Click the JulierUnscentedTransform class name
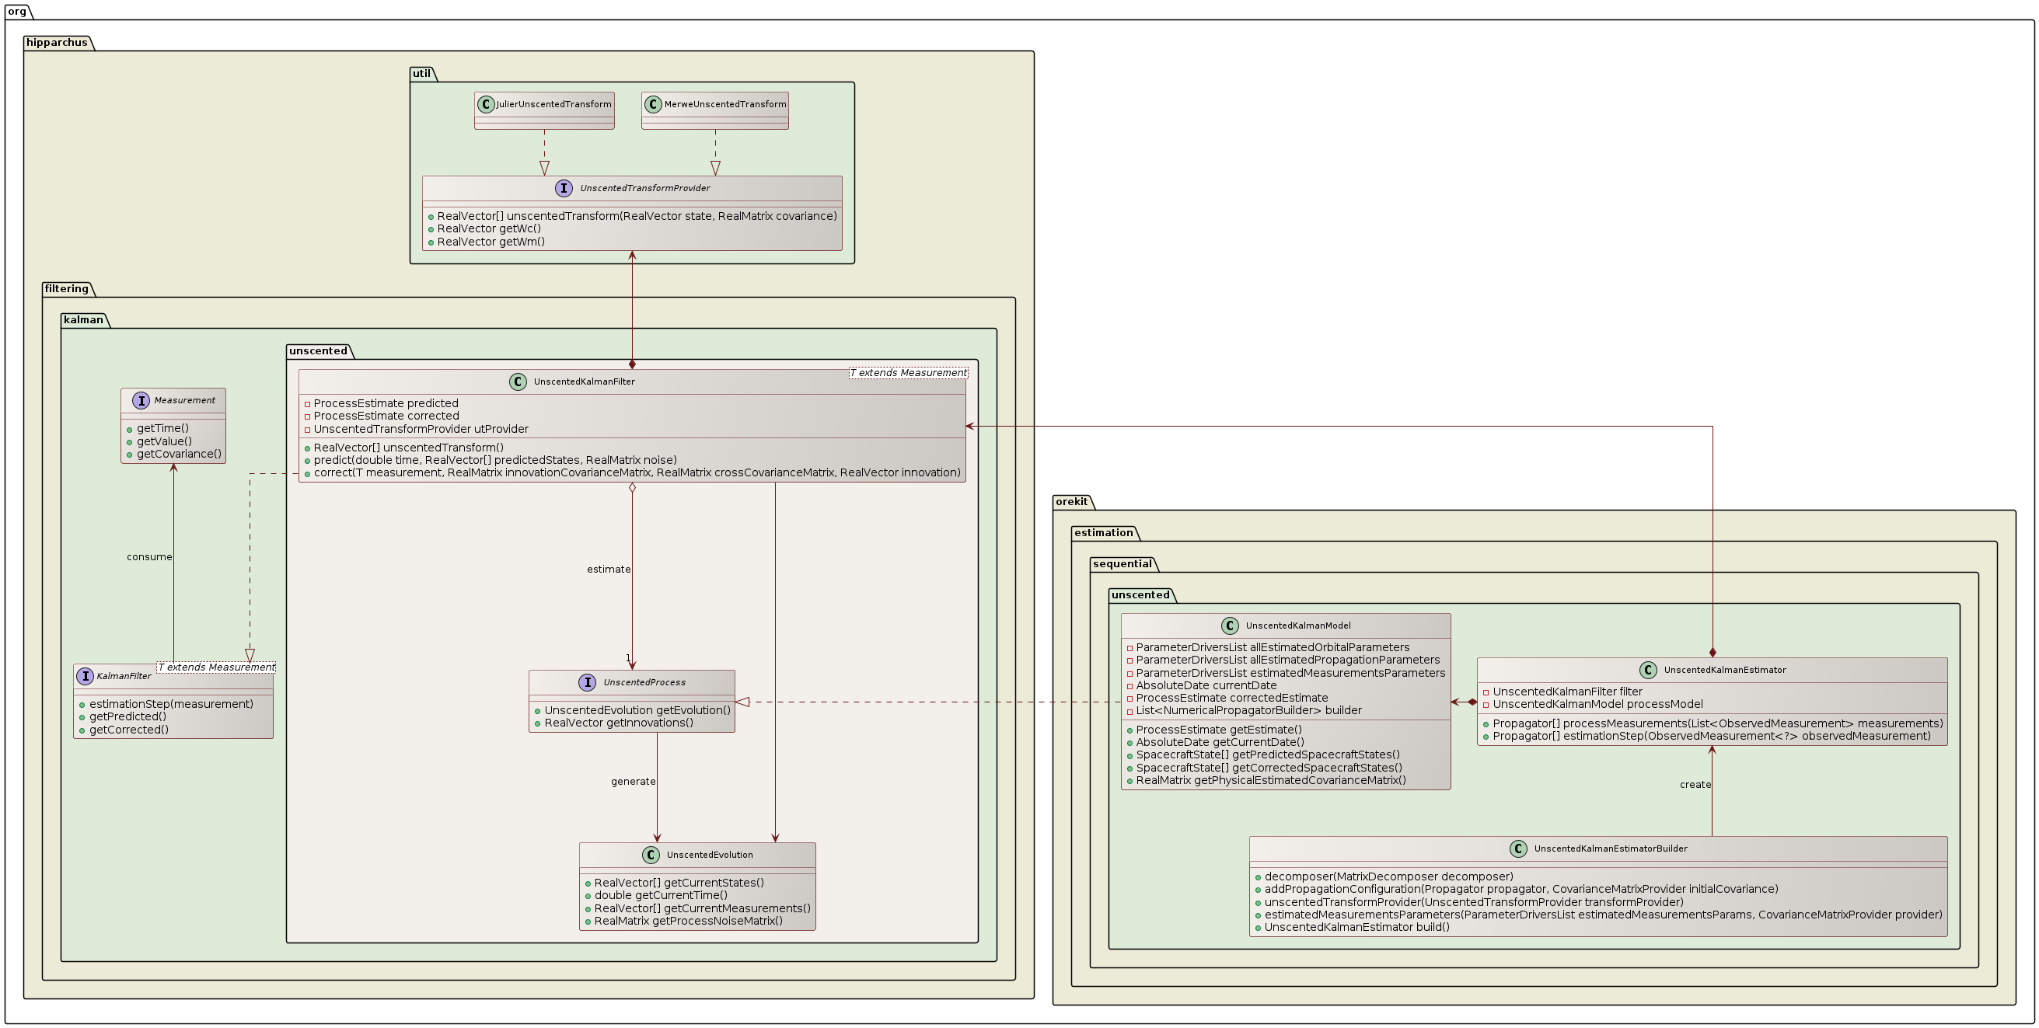553,104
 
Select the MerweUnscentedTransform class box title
725,104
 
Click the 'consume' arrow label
148,557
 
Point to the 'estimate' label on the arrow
608,570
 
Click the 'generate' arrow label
633,782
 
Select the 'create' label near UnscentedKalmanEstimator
1695,785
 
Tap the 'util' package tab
421,74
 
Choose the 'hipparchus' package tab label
56,43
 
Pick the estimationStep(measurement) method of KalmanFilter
171,704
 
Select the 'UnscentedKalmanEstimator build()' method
1356,928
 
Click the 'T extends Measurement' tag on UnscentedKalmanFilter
908,373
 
